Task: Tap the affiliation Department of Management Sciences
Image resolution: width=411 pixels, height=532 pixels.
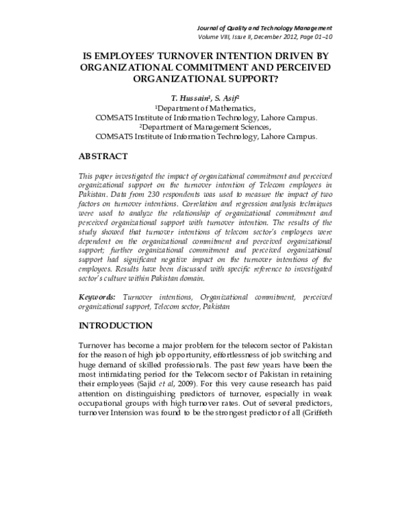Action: click(206, 127)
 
